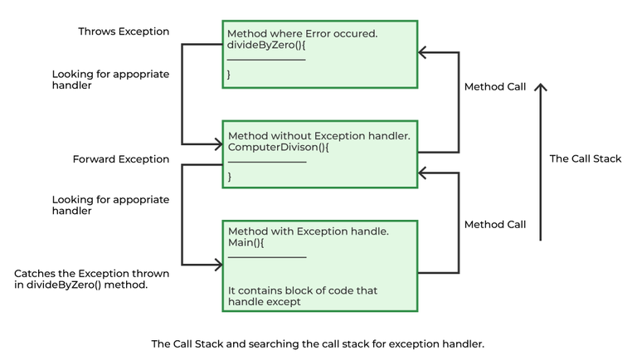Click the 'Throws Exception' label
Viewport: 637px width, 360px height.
pos(124,32)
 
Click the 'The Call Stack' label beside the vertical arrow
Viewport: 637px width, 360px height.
pos(586,159)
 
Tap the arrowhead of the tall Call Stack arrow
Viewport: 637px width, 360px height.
pos(541,86)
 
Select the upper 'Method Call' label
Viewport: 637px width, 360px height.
pos(495,86)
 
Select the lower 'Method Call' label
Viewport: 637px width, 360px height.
pos(495,224)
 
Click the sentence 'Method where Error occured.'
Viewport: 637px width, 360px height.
pos(303,33)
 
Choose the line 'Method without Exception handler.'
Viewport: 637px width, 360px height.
pos(319,134)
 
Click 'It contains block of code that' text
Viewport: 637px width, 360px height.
pos(303,290)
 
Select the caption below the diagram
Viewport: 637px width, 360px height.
pos(317,343)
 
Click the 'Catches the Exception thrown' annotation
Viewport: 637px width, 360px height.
pos(92,274)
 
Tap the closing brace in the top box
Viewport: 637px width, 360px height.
pos(230,75)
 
